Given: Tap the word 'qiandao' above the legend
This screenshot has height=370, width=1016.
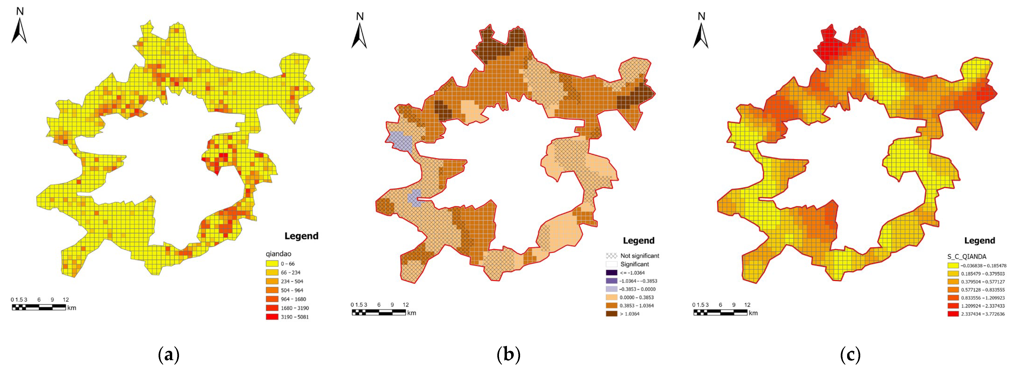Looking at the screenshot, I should (x=278, y=254).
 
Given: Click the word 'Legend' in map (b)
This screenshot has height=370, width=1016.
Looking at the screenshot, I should (x=639, y=241).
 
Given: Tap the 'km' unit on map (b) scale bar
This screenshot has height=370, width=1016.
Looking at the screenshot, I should (x=411, y=313).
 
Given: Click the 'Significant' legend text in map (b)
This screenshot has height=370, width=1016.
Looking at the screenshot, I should (x=635, y=264).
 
